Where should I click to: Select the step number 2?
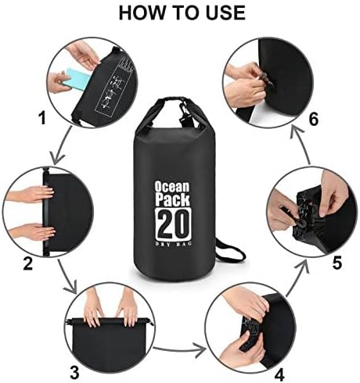point(28,263)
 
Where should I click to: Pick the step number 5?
point(336,263)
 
